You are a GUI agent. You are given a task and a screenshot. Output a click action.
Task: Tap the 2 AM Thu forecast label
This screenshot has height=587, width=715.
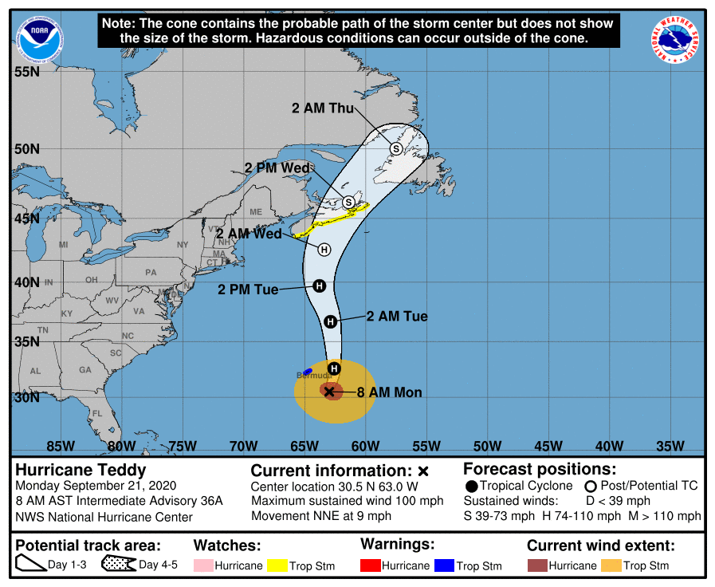point(322,108)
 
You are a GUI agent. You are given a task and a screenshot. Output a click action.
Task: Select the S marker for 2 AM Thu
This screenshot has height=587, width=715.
point(396,148)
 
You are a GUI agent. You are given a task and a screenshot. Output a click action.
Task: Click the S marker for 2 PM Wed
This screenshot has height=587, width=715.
point(348,203)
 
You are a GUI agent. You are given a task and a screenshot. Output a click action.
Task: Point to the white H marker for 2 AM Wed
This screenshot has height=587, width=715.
point(324,250)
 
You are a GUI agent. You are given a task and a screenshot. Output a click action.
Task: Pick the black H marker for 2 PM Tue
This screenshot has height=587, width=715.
point(319,286)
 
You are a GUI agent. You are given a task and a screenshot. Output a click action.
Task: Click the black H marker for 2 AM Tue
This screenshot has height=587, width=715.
point(330,321)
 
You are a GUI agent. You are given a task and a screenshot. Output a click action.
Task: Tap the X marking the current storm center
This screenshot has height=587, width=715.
point(329,392)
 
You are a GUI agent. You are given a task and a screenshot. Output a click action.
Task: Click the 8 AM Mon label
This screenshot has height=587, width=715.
point(389,392)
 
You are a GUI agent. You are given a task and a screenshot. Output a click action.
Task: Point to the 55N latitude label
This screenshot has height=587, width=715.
point(27,72)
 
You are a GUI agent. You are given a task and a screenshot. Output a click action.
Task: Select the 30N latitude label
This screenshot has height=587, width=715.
point(27,397)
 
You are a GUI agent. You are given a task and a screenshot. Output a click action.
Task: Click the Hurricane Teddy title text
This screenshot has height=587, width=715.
point(81,470)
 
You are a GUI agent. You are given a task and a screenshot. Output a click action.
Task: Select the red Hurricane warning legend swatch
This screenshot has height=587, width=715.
point(371,565)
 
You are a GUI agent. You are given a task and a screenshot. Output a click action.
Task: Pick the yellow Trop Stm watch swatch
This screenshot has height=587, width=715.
point(277,565)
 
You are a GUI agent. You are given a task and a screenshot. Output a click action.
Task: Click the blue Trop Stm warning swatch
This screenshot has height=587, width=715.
point(444,565)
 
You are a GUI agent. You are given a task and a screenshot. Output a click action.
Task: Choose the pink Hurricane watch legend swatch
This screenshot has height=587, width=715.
point(203,565)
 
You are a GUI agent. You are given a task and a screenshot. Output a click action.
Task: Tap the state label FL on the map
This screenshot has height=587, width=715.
point(97,413)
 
